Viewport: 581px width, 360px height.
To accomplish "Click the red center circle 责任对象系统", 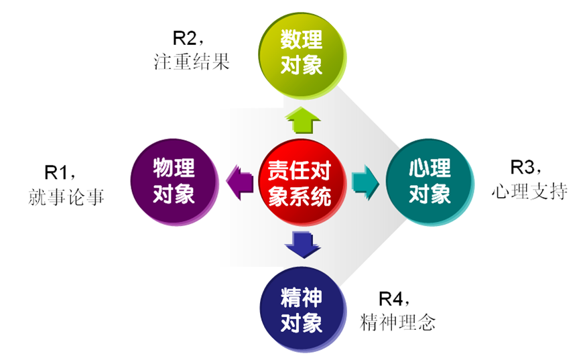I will pyautogui.click(x=301, y=182).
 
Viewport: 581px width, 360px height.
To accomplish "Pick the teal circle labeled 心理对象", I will pyautogui.click(x=429, y=182).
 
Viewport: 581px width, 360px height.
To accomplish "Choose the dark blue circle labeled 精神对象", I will pyautogui.click(x=302, y=310).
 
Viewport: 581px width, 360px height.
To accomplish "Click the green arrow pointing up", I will pyautogui.click(x=302, y=121).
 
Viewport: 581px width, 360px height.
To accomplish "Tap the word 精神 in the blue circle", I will pyautogui.click(x=302, y=297).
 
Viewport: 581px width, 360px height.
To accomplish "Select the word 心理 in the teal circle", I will pyautogui.click(x=430, y=168).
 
